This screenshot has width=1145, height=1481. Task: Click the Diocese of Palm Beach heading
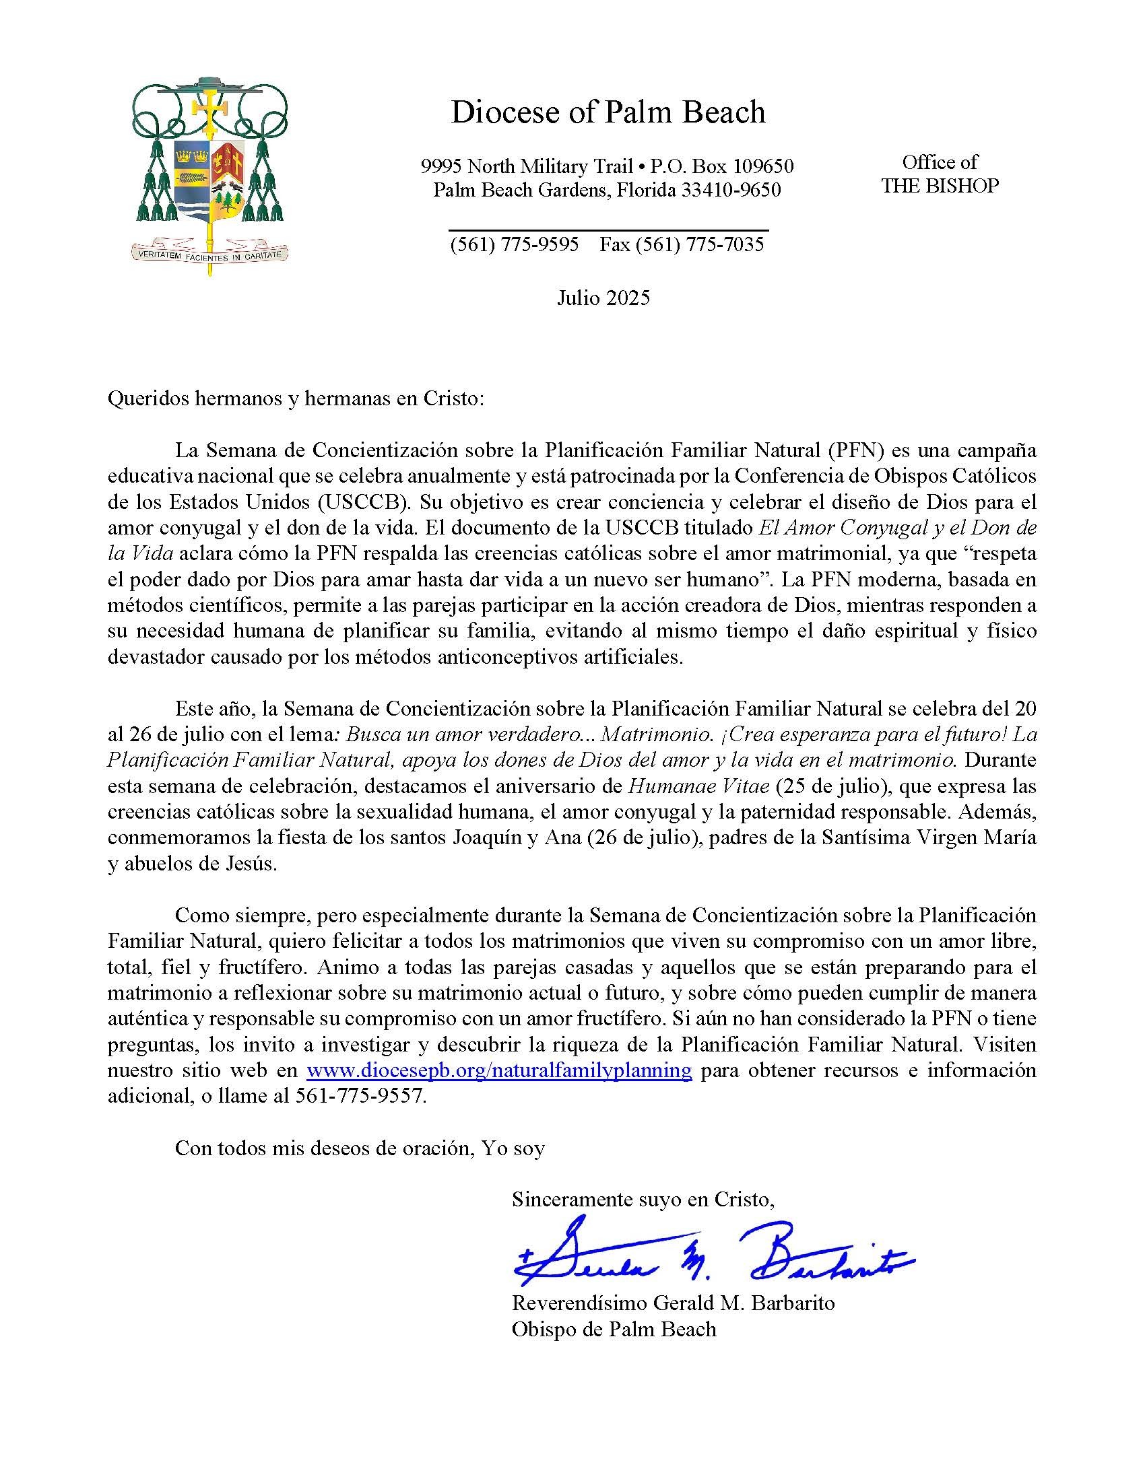coord(608,112)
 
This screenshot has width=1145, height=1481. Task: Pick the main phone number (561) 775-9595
coord(514,244)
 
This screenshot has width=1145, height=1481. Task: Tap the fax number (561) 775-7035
coord(699,244)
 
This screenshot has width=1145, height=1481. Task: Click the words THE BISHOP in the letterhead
coord(940,186)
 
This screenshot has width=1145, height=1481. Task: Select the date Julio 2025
coord(603,298)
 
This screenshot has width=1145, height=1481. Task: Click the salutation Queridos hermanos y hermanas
coord(295,399)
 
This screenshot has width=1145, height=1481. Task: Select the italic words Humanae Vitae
coord(698,786)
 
